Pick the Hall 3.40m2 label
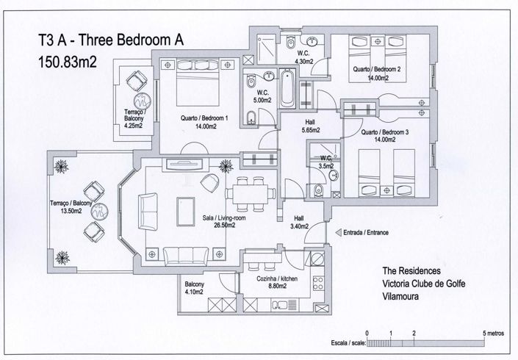pos(299,222)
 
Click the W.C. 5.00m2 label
pos(260,96)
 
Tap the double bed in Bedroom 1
pos(197,82)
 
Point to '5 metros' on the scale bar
pos(493,333)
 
